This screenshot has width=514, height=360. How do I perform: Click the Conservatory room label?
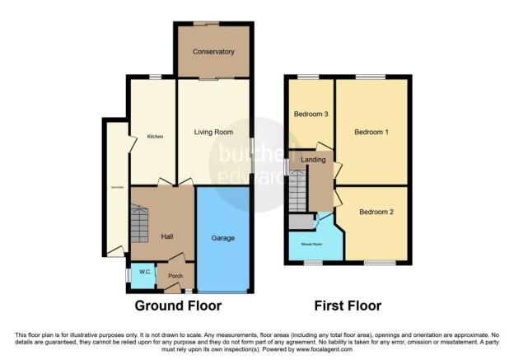pyautogui.click(x=213, y=52)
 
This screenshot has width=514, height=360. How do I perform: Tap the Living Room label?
pyautogui.click(x=213, y=132)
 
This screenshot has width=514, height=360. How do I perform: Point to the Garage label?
pyautogui.click(x=223, y=238)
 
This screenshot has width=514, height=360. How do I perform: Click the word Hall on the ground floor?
pyautogui.click(x=167, y=237)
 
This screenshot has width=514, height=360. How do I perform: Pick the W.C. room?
pyautogui.click(x=143, y=273)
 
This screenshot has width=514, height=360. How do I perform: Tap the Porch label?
pyautogui.click(x=175, y=276)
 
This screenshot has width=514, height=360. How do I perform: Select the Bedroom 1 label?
pyautogui.click(x=371, y=133)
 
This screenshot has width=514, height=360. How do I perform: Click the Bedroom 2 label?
pyautogui.click(x=375, y=212)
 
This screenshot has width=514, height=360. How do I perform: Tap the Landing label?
pyautogui.click(x=313, y=159)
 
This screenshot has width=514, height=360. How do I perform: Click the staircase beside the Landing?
pyautogui.click(x=297, y=190)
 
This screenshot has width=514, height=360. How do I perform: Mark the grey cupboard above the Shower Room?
pyautogui.click(x=301, y=221)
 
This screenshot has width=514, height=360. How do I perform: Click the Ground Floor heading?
pyautogui.click(x=178, y=306)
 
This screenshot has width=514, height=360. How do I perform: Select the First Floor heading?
pyautogui.click(x=348, y=306)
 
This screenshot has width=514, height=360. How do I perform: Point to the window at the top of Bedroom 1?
pyautogui.click(x=371, y=77)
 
